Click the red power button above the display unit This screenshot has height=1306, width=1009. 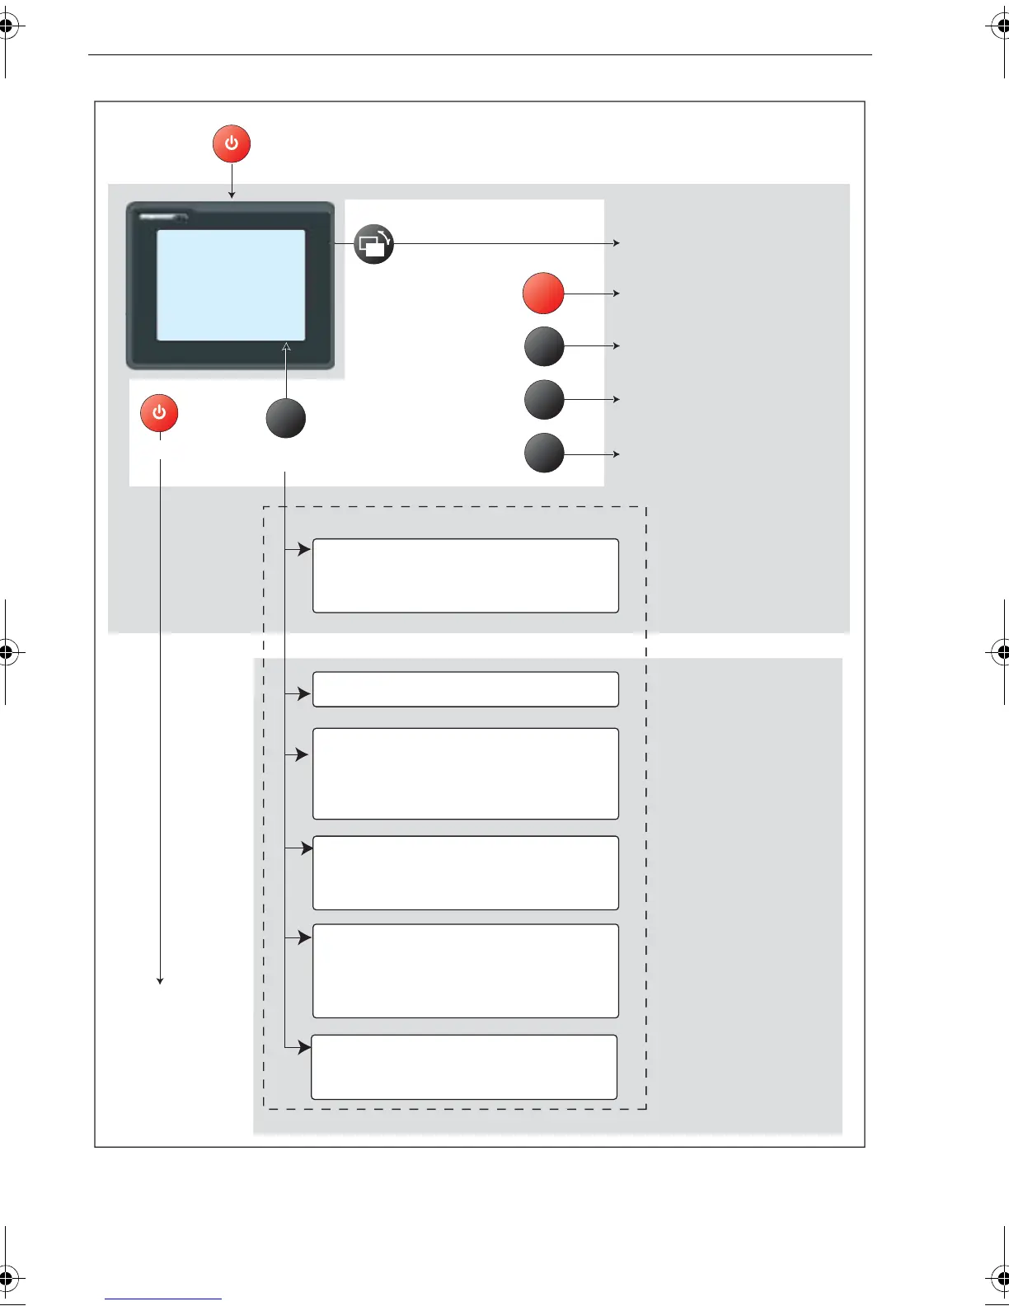coord(232,143)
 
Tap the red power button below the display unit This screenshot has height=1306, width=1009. coord(159,413)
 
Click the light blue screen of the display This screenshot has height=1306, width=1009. coord(231,284)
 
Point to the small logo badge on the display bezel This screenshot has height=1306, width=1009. coord(163,217)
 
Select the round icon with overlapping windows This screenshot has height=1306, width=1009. coord(373,244)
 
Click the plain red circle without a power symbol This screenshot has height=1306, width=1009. coord(543,294)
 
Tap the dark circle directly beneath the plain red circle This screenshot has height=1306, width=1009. coord(544,346)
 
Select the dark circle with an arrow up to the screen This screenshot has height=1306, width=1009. coord(286,418)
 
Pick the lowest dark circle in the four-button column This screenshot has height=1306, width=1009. coord(544,453)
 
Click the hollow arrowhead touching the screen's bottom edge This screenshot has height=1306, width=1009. coord(286,346)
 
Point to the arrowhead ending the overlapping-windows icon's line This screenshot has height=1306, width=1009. coord(616,243)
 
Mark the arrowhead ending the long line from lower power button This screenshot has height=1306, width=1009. coord(160,980)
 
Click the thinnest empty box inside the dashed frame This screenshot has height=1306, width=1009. coord(465,689)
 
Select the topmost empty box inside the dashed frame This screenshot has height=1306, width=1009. coord(465,575)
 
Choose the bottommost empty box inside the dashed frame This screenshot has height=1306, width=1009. coord(464,1067)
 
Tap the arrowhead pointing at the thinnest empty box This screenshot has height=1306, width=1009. coord(304,694)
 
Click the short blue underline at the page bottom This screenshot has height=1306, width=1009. coord(163,1299)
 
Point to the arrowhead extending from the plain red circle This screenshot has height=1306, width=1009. coord(616,294)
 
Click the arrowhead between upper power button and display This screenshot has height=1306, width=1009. coord(232,195)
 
